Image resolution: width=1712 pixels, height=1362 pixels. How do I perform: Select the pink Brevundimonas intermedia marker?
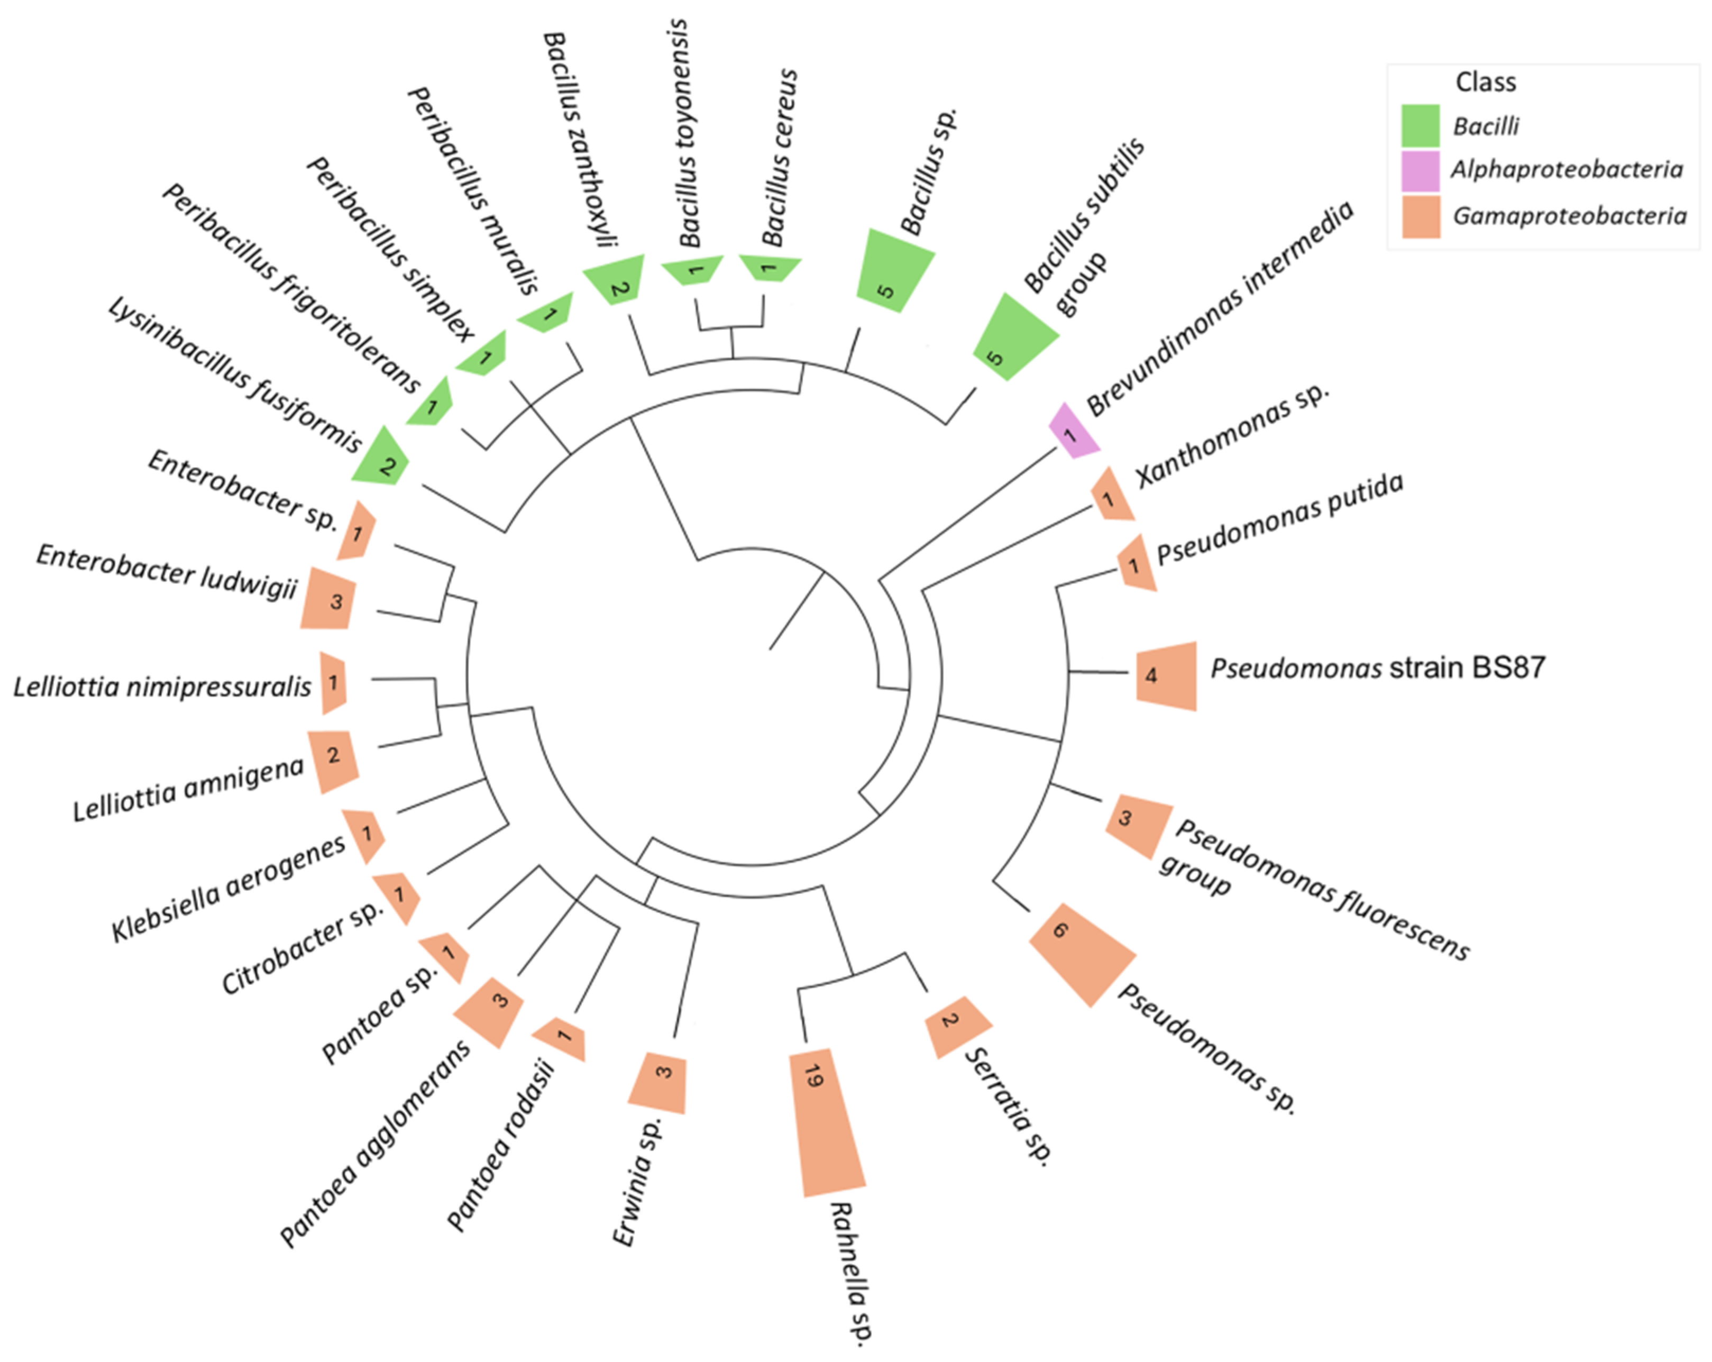[x=1073, y=432]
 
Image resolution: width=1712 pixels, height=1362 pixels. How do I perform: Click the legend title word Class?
[x=1485, y=82]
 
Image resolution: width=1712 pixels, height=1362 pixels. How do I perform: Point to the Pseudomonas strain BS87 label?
[x=1378, y=668]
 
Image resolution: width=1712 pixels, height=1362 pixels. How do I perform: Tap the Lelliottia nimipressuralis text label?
[x=163, y=686]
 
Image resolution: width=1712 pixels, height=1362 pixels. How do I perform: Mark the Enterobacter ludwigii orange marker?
[x=328, y=599]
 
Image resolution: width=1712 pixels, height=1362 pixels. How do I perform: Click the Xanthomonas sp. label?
[x=1231, y=435]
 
